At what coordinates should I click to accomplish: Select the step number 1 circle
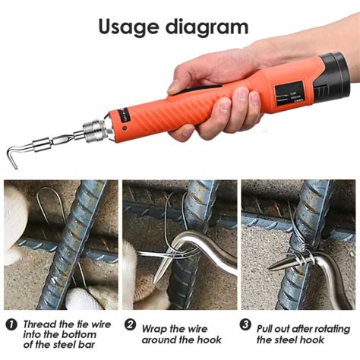tap(11, 325)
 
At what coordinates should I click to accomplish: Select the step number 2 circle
tap(130, 325)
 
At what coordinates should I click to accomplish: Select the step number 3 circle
tap(246, 325)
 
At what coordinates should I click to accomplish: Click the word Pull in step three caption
tap(270, 325)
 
